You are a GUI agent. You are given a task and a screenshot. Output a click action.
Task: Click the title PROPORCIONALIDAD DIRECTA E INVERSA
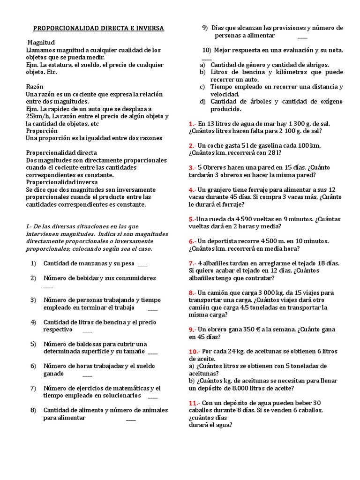coord(97,28)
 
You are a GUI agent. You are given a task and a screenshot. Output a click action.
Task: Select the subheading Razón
coord(35,87)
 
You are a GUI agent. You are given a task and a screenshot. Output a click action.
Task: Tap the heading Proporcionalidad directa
coord(61,153)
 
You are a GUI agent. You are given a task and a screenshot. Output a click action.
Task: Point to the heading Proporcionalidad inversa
coord(62,182)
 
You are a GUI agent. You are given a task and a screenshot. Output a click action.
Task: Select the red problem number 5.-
coord(192,219)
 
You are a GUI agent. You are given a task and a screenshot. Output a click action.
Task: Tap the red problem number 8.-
coord(193,292)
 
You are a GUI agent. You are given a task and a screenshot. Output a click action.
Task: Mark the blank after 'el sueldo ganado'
coord(87,374)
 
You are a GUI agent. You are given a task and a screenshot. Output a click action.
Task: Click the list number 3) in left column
coord(33,300)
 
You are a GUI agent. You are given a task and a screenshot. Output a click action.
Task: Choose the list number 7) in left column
coord(33,388)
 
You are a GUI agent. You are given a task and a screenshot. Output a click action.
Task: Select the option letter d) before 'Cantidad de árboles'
coord(202,101)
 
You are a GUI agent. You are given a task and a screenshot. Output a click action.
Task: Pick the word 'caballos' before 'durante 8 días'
coord(202,410)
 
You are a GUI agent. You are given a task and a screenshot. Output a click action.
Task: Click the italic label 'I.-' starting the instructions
coord(29,226)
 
